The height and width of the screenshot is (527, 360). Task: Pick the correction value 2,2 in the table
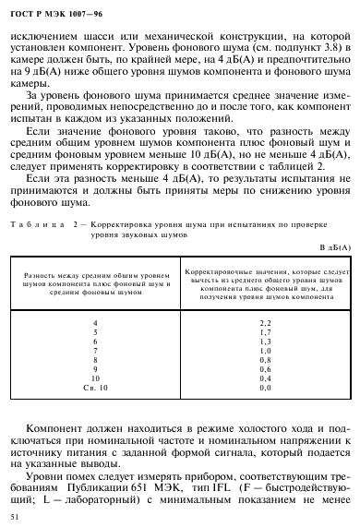coord(265,321)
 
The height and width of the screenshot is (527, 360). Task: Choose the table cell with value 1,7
coord(265,331)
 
